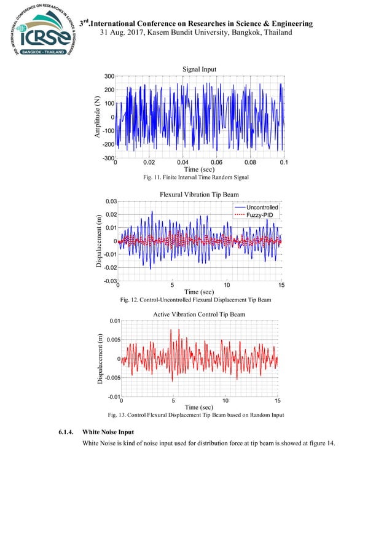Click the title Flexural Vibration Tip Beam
click(x=199, y=195)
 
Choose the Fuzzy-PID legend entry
click(x=257, y=216)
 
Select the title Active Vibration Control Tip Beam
click(x=198, y=314)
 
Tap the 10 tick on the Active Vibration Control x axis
click(x=225, y=400)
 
